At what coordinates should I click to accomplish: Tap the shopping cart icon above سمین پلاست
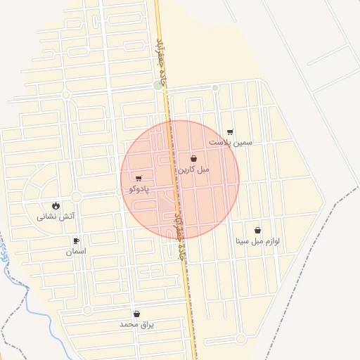click(x=230, y=131)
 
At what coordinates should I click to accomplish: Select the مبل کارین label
click(x=193, y=169)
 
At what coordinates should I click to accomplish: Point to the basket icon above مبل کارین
click(x=193, y=159)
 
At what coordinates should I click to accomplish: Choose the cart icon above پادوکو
click(x=138, y=179)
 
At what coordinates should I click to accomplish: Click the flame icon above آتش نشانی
click(x=55, y=205)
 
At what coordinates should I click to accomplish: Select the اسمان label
click(x=76, y=251)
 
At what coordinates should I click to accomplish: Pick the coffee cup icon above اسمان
click(x=76, y=241)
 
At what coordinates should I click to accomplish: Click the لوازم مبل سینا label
click(x=257, y=241)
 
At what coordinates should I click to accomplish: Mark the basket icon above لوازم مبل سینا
click(x=257, y=231)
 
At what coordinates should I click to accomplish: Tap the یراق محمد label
click(x=136, y=325)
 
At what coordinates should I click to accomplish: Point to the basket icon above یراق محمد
click(x=136, y=314)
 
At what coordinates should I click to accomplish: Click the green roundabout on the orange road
click(x=158, y=85)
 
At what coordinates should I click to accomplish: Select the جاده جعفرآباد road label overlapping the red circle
click(x=179, y=225)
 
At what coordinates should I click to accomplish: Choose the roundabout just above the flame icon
click(x=76, y=196)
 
